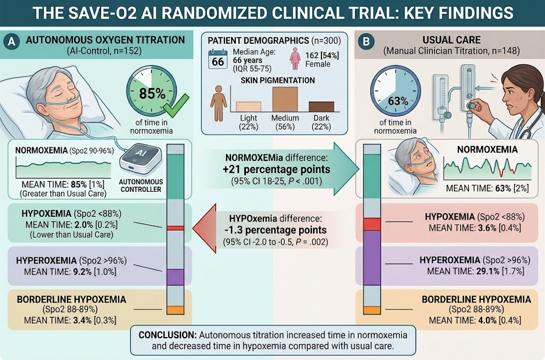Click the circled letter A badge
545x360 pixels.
12,42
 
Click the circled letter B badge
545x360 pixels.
366,42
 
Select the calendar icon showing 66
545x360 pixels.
218,59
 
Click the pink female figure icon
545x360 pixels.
295,59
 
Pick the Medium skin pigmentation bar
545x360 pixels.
285,99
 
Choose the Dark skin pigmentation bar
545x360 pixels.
321,107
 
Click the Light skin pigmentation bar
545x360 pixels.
249,107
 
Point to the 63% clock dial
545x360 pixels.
395,91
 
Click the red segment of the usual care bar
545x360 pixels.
372,224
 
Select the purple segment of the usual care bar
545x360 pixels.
372,258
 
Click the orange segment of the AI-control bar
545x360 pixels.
176,310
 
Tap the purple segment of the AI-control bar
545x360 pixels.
176,277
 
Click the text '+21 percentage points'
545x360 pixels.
277,169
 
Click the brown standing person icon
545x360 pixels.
219,103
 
